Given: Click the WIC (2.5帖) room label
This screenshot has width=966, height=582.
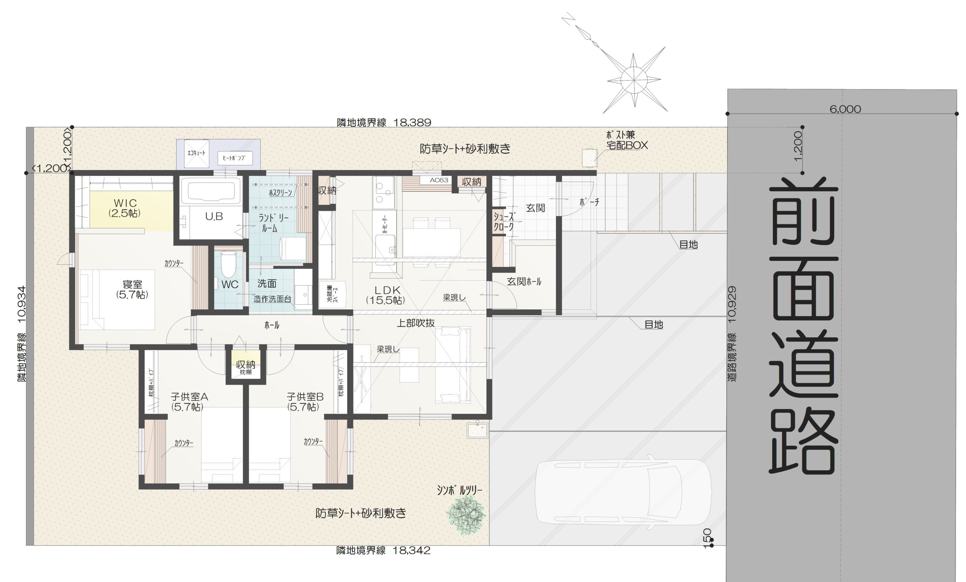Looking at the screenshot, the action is click(125, 208).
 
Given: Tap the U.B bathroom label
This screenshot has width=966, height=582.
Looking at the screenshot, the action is click(214, 216).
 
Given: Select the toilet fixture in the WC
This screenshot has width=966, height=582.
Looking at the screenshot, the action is click(228, 264).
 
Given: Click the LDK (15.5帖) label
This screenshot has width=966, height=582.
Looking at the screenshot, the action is click(386, 295).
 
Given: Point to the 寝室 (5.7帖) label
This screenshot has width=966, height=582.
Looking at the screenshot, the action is click(132, 289).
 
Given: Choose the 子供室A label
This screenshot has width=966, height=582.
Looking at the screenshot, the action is click(189, 397).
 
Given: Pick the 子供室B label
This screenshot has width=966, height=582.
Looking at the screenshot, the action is click(305, 397).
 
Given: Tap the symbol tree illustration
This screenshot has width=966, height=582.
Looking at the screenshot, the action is click(466, 514).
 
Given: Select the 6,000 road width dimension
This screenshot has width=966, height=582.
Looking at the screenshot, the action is click(845, 109).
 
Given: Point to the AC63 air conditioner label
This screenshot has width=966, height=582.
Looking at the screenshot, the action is click(439, 181).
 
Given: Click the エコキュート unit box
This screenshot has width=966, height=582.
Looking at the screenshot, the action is click(197, 153).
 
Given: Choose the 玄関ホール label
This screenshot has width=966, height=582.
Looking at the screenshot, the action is click(524, 281).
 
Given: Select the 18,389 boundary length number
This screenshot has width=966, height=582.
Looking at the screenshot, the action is click(412, 122).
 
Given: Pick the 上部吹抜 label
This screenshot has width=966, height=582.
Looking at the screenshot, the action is click(415, 323).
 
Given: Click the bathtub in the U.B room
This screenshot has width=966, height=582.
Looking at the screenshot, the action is click(214, 191).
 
